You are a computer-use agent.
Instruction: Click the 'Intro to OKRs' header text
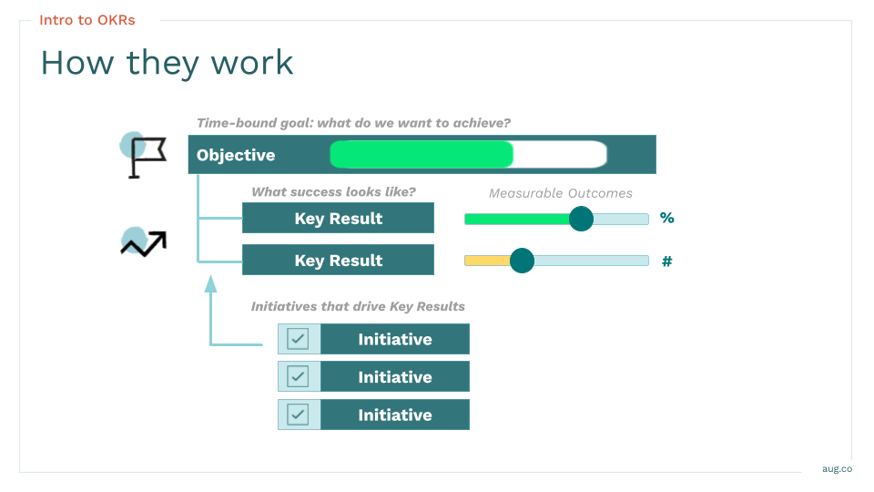point(87,20)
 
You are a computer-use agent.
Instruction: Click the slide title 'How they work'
point(167,63)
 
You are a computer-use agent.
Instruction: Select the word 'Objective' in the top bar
point(236,155)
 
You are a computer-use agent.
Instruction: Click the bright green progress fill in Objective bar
point(421,155)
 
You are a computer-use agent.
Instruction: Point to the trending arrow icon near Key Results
point(144,243)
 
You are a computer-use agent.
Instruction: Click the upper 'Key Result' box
point(338,219)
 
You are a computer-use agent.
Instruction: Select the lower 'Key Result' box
point(338,261)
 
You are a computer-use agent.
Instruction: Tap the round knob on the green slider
point(581,219)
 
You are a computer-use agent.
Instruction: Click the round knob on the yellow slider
point(522,261)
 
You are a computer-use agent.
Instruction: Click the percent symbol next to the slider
point(667,219)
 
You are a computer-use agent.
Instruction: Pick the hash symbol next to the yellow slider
point(666,261)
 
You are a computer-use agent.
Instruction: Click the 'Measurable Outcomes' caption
point(560,193)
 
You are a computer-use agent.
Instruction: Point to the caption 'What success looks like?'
point(333,192)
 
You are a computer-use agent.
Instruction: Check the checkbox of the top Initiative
point(298,339)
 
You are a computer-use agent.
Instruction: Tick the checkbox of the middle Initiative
point(298,376)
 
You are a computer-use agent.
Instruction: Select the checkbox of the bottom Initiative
point(298,415)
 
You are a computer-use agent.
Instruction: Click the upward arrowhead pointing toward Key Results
point(211,283)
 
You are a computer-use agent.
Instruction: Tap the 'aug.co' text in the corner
point(837,468)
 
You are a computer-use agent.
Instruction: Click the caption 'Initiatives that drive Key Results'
point(358,307)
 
